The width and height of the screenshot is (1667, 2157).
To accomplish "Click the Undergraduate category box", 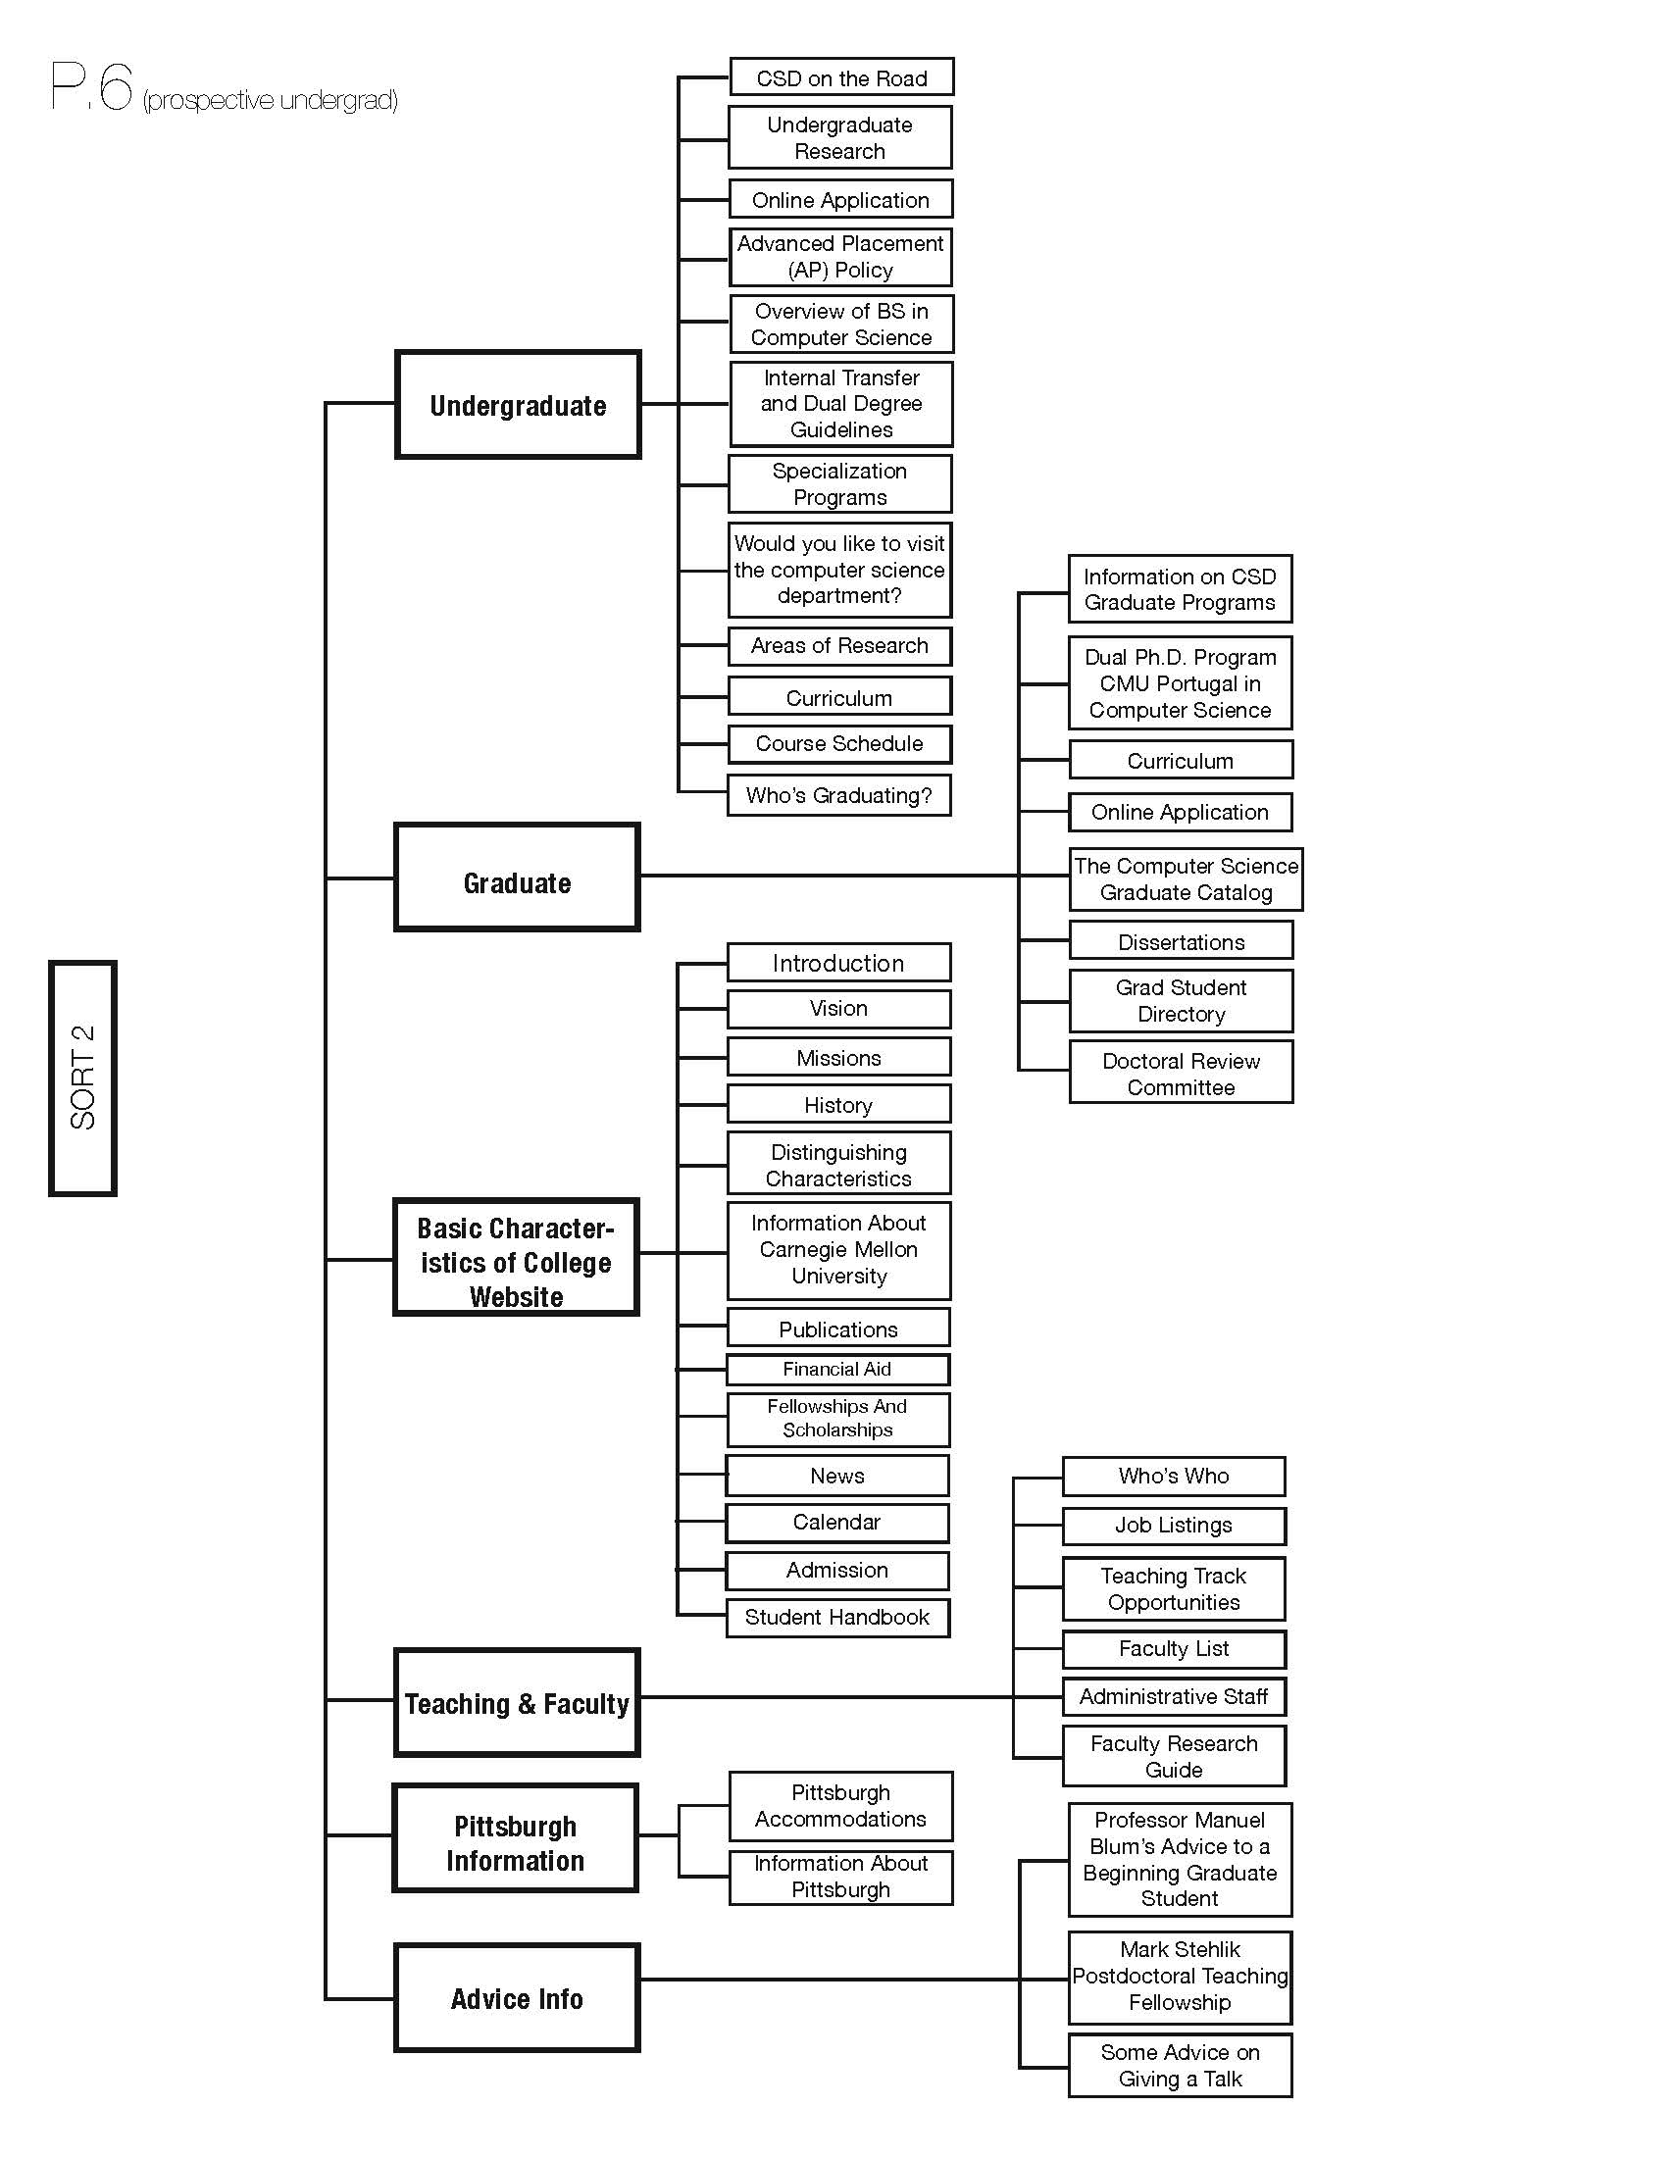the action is [x=518, y=404].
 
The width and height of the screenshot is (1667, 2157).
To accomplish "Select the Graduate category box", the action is [x=517, y=878].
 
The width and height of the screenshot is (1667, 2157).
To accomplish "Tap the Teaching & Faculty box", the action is [x=517, y=1702].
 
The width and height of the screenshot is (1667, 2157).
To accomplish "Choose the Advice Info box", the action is [x=517, y=1997].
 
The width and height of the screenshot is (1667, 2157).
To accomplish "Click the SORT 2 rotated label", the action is [x=83, y=1078].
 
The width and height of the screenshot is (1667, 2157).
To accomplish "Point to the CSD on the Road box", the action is [x=841, y=77].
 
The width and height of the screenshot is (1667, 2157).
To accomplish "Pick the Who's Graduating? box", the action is [x=839, y=795].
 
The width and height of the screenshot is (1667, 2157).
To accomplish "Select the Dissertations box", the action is [x=1182, y=940].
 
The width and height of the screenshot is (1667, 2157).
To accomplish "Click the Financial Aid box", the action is [x=837, y=1369].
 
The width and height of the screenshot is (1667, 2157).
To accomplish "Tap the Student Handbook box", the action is [x=837, y=1617].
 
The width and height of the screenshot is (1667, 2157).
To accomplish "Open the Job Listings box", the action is [x=1174, y=1525].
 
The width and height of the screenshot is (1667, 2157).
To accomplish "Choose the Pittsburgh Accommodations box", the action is [x=841, y=1805].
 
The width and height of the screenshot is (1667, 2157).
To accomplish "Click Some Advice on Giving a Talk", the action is [x=1180, y=2065].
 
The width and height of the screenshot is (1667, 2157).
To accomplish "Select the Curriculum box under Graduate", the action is [x=1182, y=761].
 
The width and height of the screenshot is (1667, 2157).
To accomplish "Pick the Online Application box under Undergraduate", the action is [x=841, y=199].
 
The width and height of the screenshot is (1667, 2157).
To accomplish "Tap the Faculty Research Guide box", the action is [x=1174, y=1756].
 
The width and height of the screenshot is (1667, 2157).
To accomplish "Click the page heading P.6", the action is [x=91, y=87].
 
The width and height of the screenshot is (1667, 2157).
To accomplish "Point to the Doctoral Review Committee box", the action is [x=1182, y=1073].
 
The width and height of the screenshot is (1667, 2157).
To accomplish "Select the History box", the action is [x=839, y=1104].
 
